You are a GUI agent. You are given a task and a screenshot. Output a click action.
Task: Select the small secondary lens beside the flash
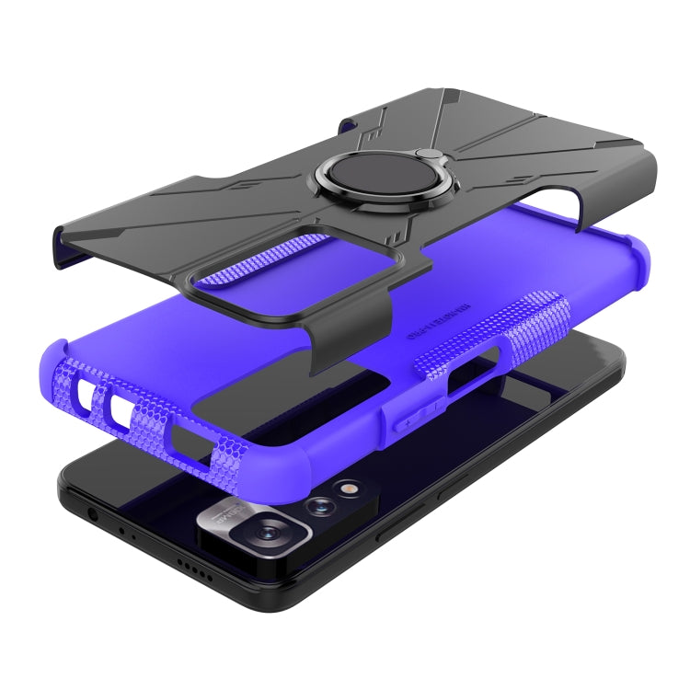coord(322,504)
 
